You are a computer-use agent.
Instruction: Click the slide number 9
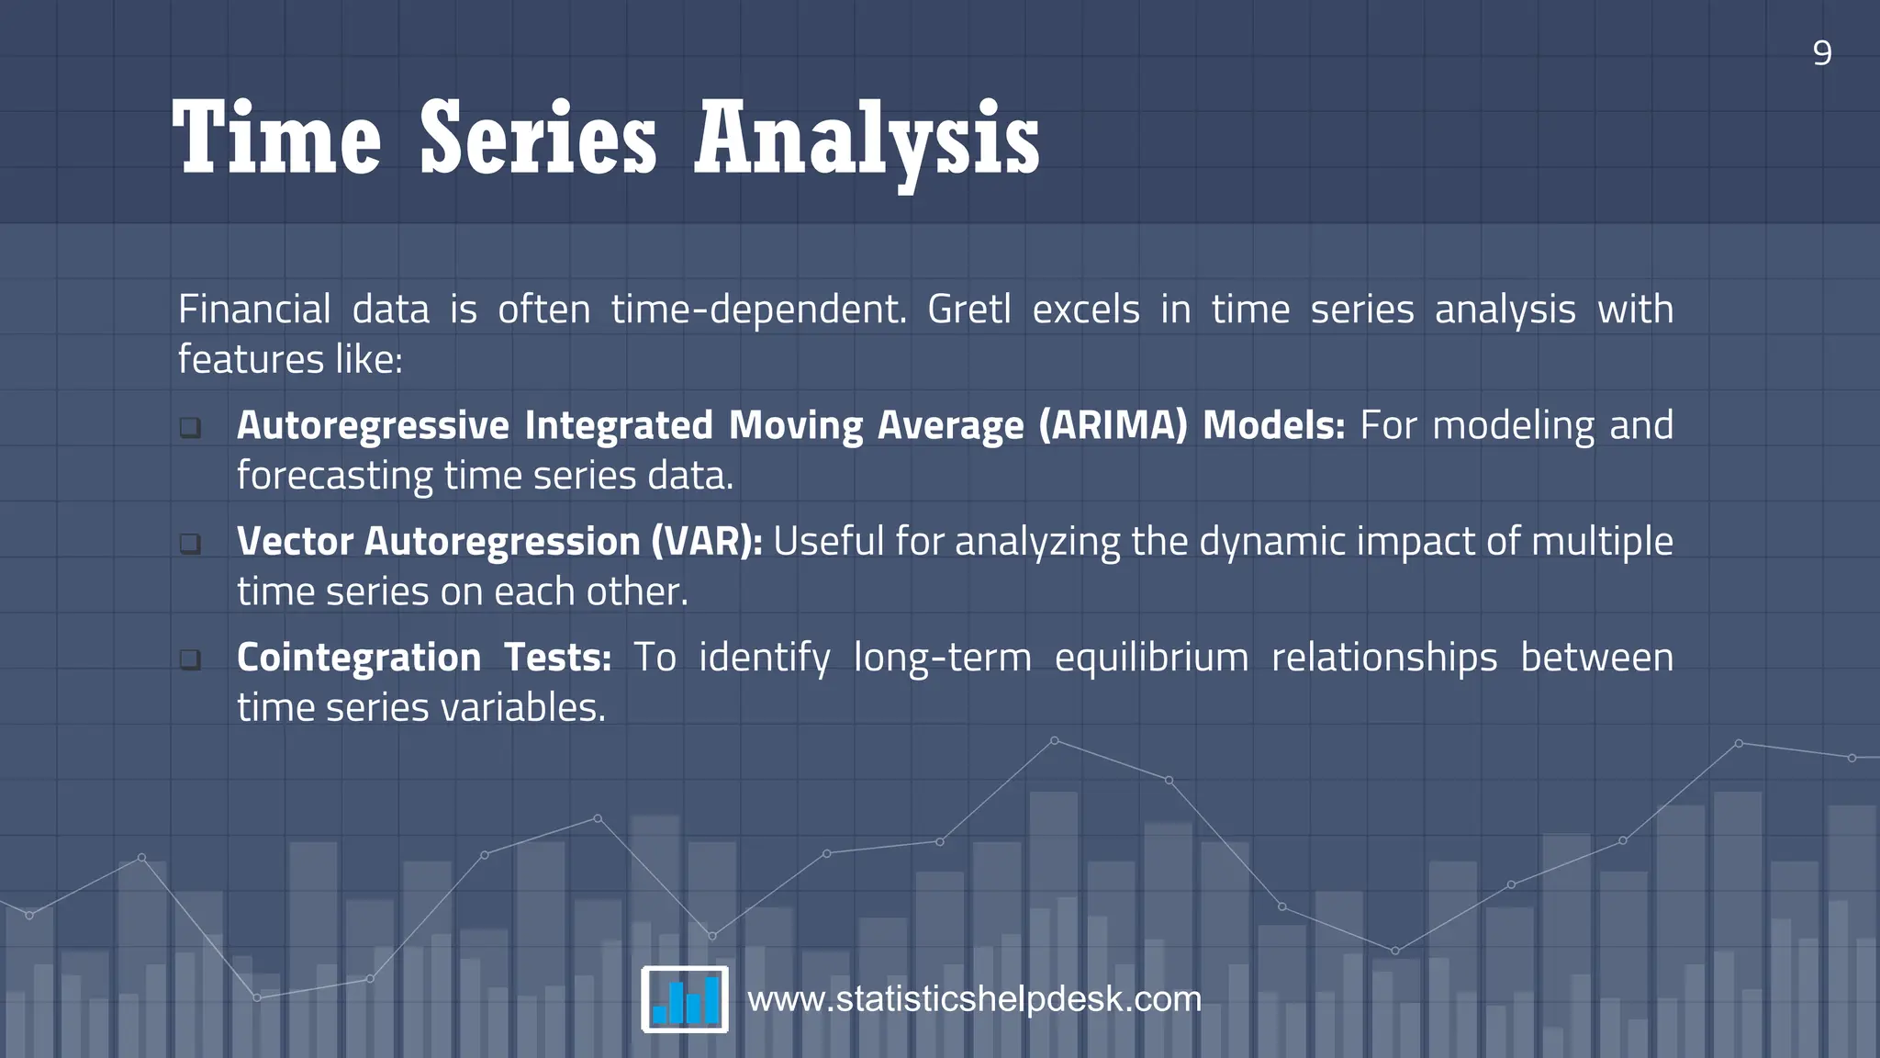coord(1822,53)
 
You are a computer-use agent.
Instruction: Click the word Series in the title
coord(538,140)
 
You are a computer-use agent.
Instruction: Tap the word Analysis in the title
coord(867,140)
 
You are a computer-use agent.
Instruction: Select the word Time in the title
coord(276,140)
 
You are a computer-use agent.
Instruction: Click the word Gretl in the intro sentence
coord(968,310)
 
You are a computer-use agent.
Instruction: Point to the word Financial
coord(254,310)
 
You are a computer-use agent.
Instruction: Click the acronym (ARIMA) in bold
coord(1113,425)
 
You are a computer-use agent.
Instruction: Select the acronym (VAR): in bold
coord(706,541)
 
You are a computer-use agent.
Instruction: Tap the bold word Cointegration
coord(359,658)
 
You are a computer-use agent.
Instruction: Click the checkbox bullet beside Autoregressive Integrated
coord(190,427)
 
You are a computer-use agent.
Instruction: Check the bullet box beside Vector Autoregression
coord(190,543)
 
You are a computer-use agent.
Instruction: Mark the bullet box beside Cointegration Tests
coord(190,659)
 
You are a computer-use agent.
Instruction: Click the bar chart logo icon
coord(685,999)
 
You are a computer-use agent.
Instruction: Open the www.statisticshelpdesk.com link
coord(974,999)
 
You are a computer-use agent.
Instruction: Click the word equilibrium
coord(1151,658)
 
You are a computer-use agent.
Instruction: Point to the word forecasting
coord(334,476)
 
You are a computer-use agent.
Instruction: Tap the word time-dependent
coord(758,310)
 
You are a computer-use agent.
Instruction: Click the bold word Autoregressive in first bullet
coord(373,425)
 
